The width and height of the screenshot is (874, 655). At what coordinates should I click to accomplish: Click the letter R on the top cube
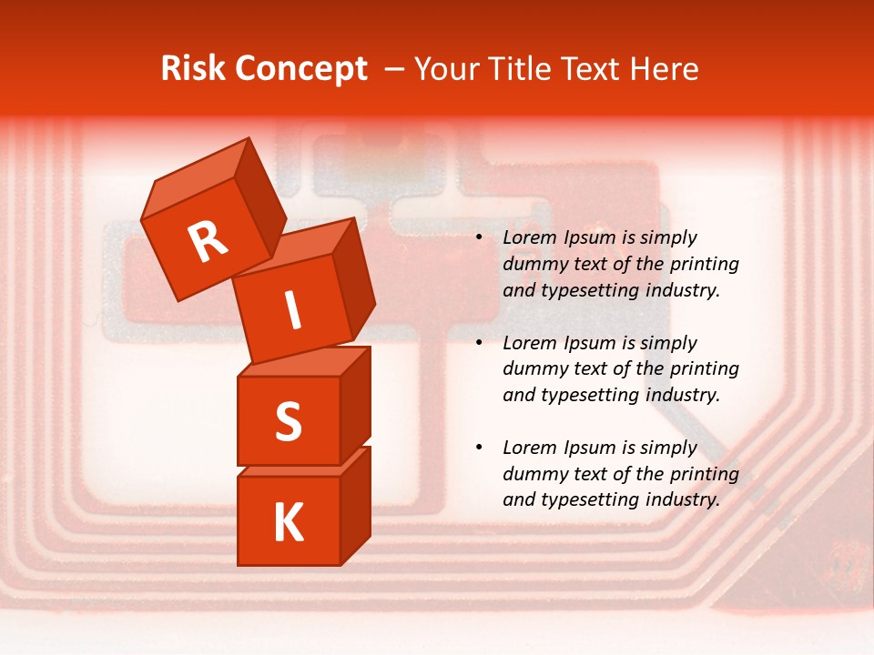(x=208, y=242)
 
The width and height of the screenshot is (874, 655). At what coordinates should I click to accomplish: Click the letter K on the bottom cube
(x=288, y=523)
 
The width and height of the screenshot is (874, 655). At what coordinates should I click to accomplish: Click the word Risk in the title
(x=194, y=68)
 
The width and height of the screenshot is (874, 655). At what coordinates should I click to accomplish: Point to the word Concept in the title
(x=301, y=68)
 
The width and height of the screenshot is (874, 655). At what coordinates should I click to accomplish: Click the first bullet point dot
(x=479, y=237)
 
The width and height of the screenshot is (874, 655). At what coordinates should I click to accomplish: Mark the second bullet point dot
(x=479, y=343)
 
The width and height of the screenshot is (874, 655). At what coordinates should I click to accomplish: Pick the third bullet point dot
(x=479, y=448)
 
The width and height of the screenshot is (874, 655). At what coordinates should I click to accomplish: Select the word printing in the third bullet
(x=704, y=473)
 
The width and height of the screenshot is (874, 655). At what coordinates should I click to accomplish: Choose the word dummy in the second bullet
(x=534, y=368)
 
